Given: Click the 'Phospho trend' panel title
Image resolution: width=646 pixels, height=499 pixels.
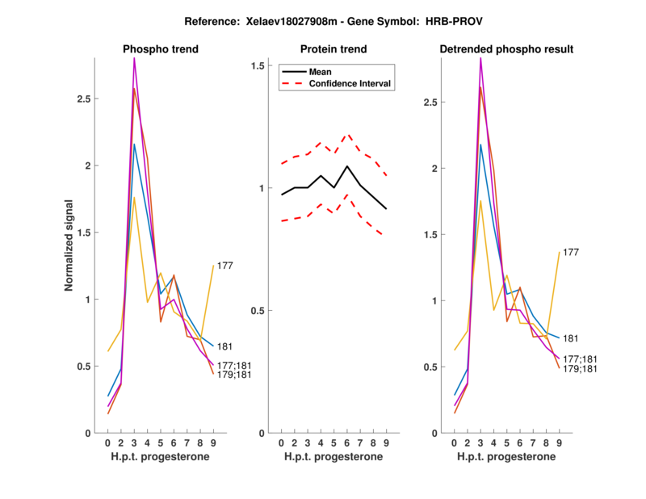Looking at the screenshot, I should click(x=161, y=49).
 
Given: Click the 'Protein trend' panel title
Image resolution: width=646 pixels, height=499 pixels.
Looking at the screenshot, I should click(x=333, y=49).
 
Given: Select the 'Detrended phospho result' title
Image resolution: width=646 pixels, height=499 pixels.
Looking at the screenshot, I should click(x=506, y=49).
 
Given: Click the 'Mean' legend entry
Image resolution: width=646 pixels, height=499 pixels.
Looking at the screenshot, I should click(x=321, y=71).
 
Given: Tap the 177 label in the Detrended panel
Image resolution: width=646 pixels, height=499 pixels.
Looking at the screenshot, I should click(x=570, y=253).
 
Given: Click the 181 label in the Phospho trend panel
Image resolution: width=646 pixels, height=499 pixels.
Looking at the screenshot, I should click(x=225, y=346).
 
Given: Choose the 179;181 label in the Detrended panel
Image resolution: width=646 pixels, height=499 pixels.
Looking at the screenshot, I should click(x=579, y=369).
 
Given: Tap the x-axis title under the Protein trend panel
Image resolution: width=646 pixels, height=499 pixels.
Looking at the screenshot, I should click(x=333, y=456).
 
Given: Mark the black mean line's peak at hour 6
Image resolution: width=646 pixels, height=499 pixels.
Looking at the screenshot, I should click(x=346, y=166).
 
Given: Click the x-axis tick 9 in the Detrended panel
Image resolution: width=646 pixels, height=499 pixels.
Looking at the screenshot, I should click(x=558, y=442).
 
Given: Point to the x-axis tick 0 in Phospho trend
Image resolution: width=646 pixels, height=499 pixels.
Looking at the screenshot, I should click(x=108, y=442).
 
